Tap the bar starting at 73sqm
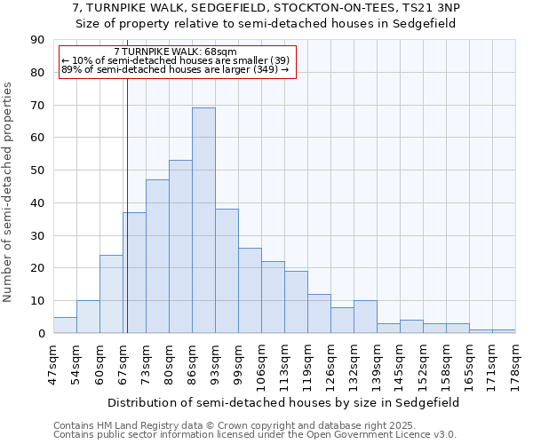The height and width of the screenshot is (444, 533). pyautogui.click(x=157, y=257)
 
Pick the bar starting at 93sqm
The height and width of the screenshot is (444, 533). pyautogui.click(x=227, y=271)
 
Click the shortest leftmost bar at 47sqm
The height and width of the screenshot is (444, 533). pyautogui.click(x=65, y=325)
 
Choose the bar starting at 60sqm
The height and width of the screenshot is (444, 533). pyautogui.click(x=111, y=294)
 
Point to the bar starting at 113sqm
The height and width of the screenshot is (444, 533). pyautogui.click(x=296, y=302)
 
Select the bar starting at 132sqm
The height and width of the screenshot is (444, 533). pyautogui.click(x=365, y=317)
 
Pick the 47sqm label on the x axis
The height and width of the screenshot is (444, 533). pyautogui.click(x=52, y=364)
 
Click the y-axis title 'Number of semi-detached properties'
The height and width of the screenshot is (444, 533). pyautogui.click(x=9, y=192)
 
